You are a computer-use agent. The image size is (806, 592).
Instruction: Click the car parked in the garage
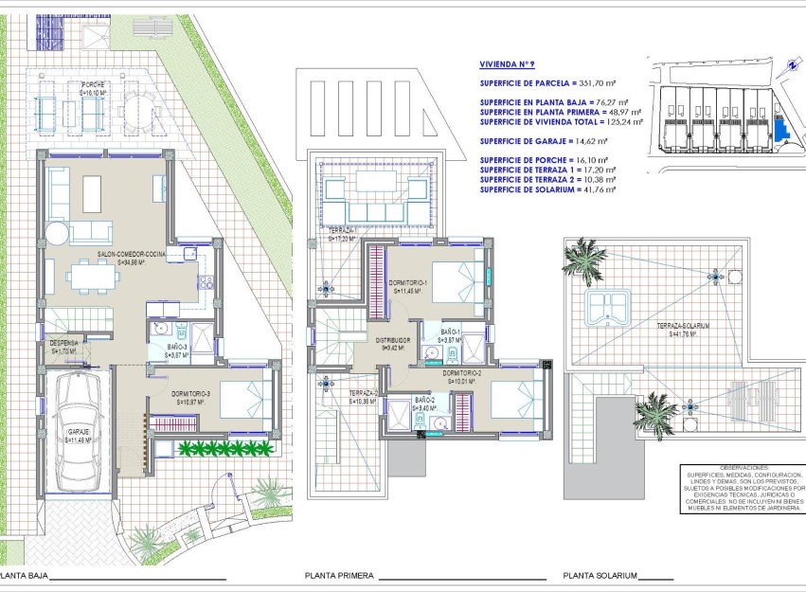[x=78, y=431]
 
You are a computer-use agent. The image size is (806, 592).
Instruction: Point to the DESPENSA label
[x=63, y=345]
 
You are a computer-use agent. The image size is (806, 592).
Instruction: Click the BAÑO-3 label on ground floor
[x=176, y=350]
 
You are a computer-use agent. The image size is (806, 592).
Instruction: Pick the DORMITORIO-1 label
[x=413, y=287]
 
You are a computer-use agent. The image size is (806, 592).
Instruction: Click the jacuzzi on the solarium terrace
[x=607, y=308]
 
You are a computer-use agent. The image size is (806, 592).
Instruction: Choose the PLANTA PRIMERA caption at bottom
[x=339, y=575]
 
